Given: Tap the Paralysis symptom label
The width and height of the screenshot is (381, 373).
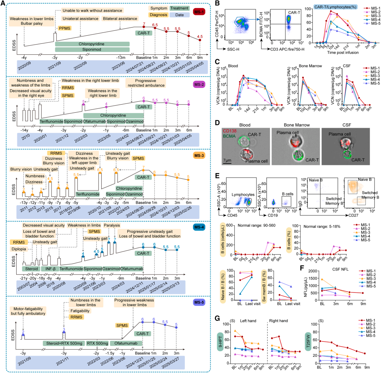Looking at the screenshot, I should click(x=112, y=225).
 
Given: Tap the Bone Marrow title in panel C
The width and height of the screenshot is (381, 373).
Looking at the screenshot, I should click(x=307, y=66).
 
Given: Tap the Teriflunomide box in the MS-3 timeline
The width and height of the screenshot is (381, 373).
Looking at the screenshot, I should click(x=88, y=194).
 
